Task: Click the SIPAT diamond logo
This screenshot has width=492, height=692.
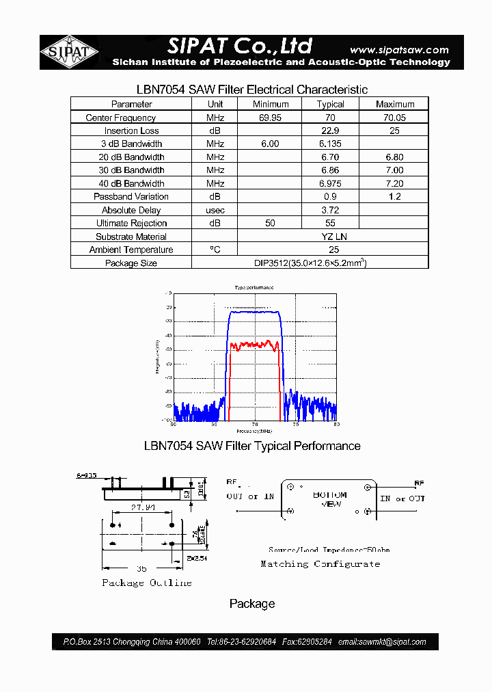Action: (69, 53)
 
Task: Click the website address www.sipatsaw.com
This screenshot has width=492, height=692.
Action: (399, 49)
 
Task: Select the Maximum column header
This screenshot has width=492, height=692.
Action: (394, 104)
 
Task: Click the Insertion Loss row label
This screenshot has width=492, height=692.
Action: (131, 131)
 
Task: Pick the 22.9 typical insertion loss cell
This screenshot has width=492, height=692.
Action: (330, 131)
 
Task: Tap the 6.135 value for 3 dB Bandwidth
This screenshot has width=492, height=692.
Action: (330, 144)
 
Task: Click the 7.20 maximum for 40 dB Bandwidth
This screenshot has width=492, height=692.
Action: (394, 183)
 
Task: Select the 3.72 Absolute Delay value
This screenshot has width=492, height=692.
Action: (330, 210)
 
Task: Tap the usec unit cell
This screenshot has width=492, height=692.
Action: (215, 210)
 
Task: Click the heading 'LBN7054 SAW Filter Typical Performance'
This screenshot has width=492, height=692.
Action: (252, 446)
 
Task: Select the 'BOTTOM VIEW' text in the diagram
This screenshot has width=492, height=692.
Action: (330, 499)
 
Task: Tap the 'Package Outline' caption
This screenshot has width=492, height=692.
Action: (147, 583)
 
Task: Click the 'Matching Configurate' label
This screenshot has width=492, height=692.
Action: (320, 564)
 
